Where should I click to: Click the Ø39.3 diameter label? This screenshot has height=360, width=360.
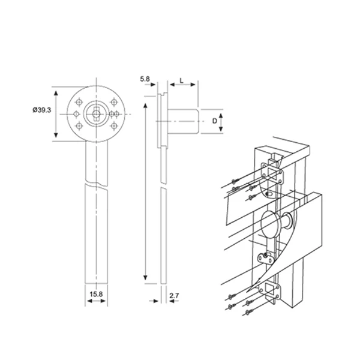click(x=41, y=110)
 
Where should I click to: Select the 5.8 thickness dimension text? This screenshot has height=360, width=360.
click(x=143, y=79)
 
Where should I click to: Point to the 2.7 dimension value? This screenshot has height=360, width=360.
click(x=175, y=295)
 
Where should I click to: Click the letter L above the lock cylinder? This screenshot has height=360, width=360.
click(x=182, y=79)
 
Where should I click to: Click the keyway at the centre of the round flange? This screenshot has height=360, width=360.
click(x=95, y=113)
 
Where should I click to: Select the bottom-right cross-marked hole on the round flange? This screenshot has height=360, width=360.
click(x=109, y=126)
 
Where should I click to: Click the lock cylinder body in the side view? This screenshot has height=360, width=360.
click(x=183, y=121)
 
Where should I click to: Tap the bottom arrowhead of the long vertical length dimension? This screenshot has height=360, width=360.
click(x=145, y=278)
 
